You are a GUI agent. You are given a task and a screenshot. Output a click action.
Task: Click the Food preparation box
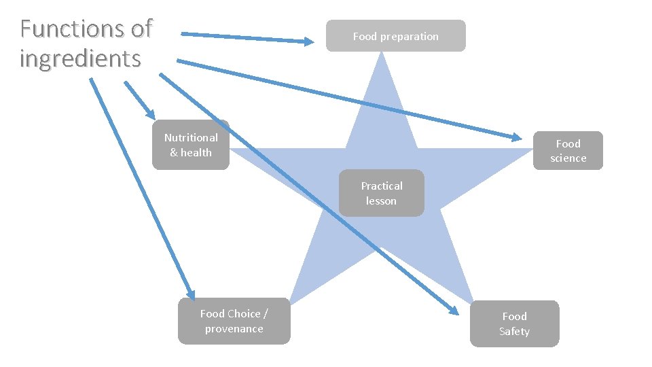click(x=395, y=36)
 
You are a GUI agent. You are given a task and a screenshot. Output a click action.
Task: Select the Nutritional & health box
click(x=191, y=145)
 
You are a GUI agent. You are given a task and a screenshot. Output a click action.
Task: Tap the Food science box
click(x=568, y=151)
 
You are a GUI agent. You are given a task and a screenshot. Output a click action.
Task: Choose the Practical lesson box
click(x=381, y=193)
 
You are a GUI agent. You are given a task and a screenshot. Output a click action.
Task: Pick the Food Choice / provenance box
click(x=234, y=321)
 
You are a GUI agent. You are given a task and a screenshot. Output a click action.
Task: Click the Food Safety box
click(x=514, y=324)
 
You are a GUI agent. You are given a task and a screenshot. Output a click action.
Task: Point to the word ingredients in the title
click(x=80, y=58)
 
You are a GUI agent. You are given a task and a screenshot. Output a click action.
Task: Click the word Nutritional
click(x=191, y=137)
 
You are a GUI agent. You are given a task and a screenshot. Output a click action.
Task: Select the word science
click(x=568, y=158)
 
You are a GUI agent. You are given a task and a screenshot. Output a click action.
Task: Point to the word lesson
click(x=381, y=200)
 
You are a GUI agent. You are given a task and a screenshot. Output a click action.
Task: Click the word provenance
click(x=234, y=329)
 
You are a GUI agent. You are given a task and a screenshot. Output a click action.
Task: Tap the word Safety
click(x=514, y=332)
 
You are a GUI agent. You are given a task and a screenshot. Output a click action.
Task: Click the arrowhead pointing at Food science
click(x=515, y=137)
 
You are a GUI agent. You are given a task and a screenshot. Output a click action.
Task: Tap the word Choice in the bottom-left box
click(x=244, y=313)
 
